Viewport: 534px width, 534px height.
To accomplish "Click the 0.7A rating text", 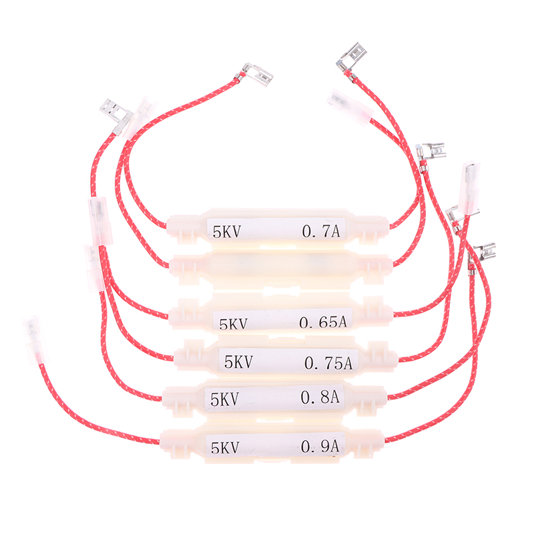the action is click(x=321, y=231).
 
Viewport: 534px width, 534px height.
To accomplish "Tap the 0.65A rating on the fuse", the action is click(x=323, y=322).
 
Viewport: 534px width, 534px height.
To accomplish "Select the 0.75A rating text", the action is click(x=328, y=363).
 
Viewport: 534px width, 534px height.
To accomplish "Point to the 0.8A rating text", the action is click(x=320, y=397).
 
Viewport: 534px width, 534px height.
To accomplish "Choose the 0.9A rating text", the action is click(x=320, y=447).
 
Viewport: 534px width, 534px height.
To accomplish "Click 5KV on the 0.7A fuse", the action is click(x=226, y=232).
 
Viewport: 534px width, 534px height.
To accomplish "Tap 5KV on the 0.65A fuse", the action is click(x=233, y=324).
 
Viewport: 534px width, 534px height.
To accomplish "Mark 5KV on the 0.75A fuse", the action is click(x=239, y=362).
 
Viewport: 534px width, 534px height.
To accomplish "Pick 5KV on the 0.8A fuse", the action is click(x=224, y=399).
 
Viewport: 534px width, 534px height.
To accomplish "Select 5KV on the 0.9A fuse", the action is click(x=225, y=447).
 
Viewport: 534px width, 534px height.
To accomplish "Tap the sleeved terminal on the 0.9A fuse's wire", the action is click(x=35, y=340).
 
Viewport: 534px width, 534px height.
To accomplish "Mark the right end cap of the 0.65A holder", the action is click(x=377, y=312).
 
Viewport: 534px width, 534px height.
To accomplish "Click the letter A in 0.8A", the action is click(x=334, y=397).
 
